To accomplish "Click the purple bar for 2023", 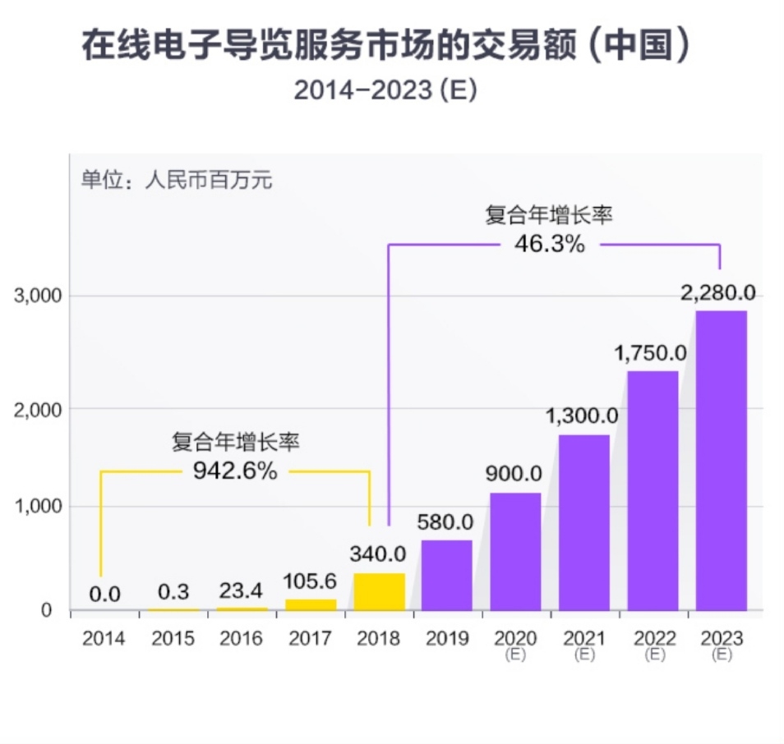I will tap(721, 460).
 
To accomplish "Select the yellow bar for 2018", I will tap(379, 591).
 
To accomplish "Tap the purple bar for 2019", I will tap(446, 575).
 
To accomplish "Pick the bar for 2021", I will tap(583, 522).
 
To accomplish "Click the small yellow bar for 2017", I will tap(311, 604).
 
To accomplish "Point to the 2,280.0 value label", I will tap(717, 292).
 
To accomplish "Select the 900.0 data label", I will tap(514, 474).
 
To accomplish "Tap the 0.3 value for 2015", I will tap(173, 592).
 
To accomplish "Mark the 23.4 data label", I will tap(242, 590).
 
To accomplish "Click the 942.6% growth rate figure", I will tap(235, 471).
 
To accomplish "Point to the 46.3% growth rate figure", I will tap(550, 244).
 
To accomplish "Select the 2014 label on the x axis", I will tap(104, 638).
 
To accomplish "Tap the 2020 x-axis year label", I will tap(515, 638).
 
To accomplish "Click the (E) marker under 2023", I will tap(722, 654).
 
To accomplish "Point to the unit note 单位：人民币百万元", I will tap(176, 181).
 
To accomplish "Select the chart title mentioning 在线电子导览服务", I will tap(385, 47).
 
